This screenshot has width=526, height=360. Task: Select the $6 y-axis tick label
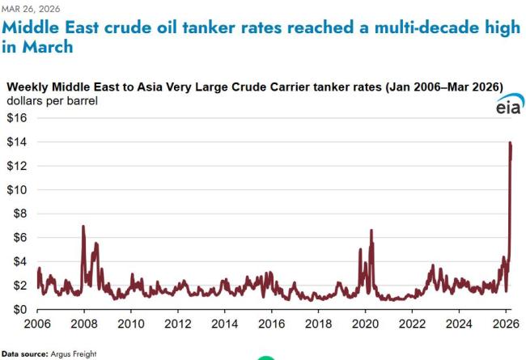[19, 238]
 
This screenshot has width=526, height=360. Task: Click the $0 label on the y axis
[19, 310]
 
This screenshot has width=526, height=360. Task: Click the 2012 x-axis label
[177, 324]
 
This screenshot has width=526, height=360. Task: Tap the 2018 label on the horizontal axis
[318, 324]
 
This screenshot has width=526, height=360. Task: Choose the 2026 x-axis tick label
[506, 324]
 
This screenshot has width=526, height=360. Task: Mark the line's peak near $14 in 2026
[510, 142]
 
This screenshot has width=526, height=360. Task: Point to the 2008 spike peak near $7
[83, 227]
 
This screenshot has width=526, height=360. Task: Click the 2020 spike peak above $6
[371, 231]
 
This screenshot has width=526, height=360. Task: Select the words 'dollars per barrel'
[52, 101]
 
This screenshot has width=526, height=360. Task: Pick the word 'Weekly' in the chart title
[30, 87]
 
